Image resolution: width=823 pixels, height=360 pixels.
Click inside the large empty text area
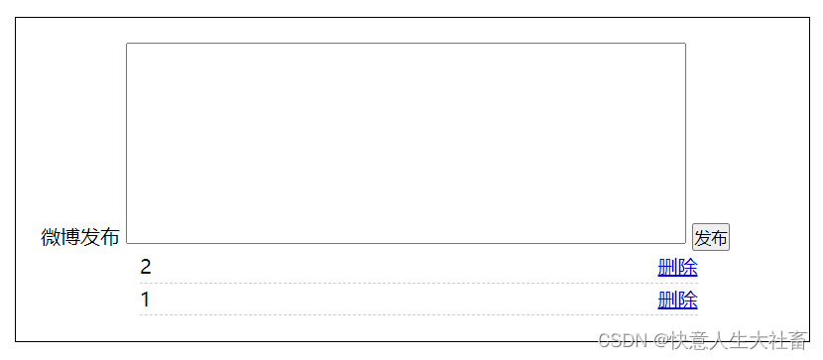[x=406, y=143]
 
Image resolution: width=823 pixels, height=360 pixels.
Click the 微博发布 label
[x=79, y=237]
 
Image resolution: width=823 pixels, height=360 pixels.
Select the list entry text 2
[x=146, y=267]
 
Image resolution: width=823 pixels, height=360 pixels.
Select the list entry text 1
[x=146, y=300]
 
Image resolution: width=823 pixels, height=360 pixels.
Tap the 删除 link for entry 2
[x=677, y=267]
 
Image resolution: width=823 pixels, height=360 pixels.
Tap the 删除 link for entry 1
[x=677, y=300]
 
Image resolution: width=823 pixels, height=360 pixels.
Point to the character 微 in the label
[x=51, y=237]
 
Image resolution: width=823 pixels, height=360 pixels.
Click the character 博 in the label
[x=70, y=237]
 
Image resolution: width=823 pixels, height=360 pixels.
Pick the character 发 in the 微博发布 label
[x=90, y=237]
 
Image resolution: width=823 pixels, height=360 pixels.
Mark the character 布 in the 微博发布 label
[x=110, y=237]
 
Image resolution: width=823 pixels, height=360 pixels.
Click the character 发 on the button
[x=702, y=238]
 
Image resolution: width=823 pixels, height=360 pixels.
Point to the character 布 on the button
[x=719, y=238]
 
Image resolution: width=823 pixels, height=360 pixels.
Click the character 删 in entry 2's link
[x=667, y=267]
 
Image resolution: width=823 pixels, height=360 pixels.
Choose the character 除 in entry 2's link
[x=687, y=267]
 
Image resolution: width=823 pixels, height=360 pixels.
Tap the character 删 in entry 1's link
[x=667, y=300]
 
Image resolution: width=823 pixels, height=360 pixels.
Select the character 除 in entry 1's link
[x=687, y=300]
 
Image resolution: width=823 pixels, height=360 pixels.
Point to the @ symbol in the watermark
[x=657, y=340]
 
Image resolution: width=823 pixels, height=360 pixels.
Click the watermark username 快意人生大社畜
[x=737, y=340]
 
